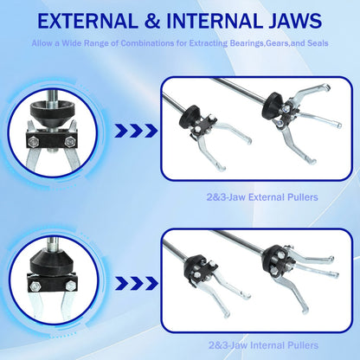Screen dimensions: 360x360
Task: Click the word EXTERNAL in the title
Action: (x=87, y=21)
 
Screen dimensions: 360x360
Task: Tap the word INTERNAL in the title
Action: (x=213, y=21)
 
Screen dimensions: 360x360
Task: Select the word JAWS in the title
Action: (x=295, y=21)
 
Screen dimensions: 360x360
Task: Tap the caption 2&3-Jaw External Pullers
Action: (x=262, y=197)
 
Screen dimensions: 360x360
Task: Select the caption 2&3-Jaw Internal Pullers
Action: (x=264, y=345)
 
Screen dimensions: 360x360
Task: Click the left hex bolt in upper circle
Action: (x=34, y=141)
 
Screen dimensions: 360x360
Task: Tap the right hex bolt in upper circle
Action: (x=70, y=141)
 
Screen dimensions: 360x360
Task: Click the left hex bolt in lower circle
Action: (x=35, y=286)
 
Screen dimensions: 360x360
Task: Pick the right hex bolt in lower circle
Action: (x=70, y=286)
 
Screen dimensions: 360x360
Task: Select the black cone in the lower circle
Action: (x=53, y=260)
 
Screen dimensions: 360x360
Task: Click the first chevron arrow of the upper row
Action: (x=121, y=131)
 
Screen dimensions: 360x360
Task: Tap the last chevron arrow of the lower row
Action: (x=151, y=283)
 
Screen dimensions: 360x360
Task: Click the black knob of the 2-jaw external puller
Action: (x=190, y=117)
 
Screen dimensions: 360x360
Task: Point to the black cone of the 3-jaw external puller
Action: (x=274, y=105)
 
